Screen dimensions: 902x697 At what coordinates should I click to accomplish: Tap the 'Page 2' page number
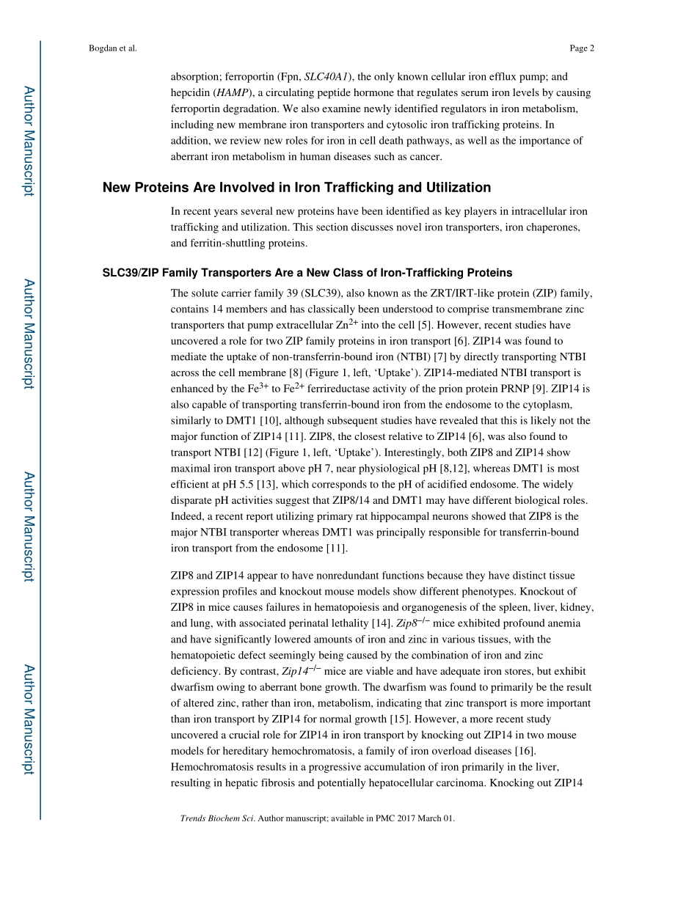click(581, 48)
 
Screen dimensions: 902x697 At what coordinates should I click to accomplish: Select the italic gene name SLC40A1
click(326, 77)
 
